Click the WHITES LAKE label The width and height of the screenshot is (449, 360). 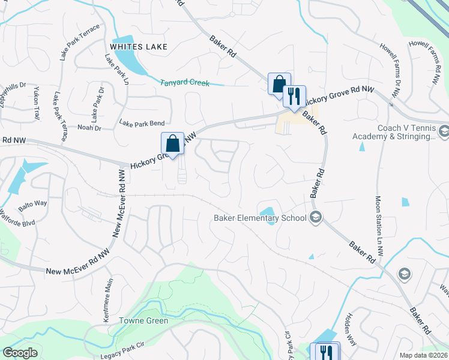139,47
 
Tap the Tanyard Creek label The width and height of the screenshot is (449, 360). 185,83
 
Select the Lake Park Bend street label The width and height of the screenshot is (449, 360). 142,124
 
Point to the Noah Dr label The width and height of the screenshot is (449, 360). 89,127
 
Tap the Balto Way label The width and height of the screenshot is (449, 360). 32,203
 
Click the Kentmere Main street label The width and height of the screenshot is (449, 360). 107,300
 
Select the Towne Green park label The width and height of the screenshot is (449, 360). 143,320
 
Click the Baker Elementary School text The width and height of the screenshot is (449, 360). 260,218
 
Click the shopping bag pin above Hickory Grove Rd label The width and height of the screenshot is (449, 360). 172,143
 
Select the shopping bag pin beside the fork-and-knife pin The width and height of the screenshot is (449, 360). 279,84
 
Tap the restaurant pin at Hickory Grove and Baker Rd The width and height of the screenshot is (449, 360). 294,96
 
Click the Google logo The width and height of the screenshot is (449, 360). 20,353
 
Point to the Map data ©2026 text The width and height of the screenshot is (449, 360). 424,355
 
